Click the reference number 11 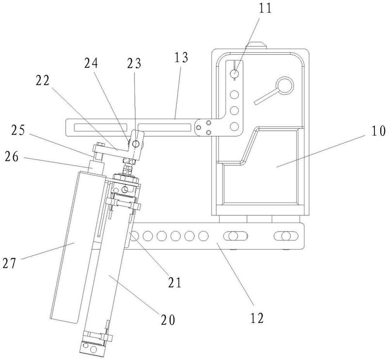(265, 8)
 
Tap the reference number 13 (181, 58)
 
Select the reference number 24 (91, 63)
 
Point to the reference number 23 (134, 63)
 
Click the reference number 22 (43, 80)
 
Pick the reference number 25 (18, 130)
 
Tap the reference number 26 (12, 157)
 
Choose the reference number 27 (9, 263)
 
